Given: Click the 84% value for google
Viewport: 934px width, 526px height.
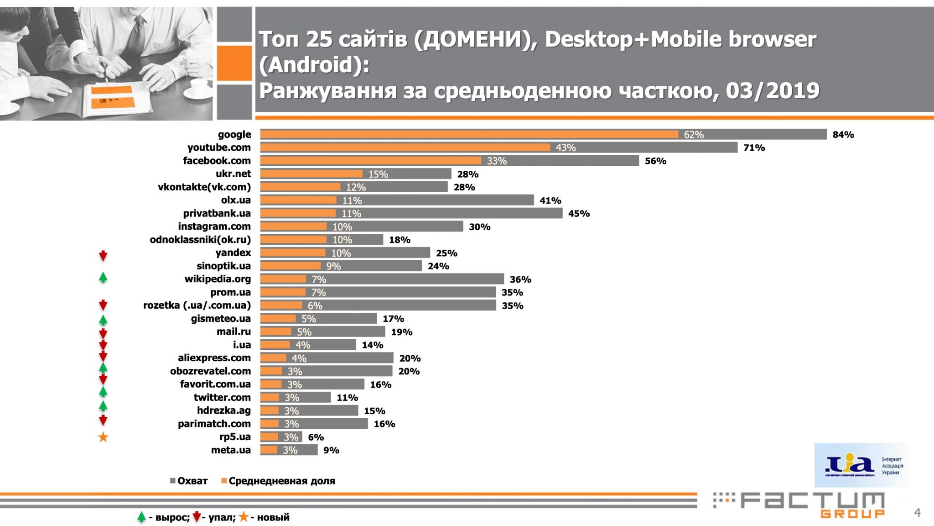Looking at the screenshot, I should tap(843, 135).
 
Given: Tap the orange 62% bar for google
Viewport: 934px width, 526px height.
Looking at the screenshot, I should tap(469, 134).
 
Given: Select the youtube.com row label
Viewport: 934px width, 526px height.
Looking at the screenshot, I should tap(219, 147).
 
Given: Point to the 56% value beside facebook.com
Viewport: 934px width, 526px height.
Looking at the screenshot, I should tap(655, 161).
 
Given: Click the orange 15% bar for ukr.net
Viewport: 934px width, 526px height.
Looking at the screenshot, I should tap(311, 174).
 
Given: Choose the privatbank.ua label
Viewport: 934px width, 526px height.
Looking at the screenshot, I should tap(217, 213).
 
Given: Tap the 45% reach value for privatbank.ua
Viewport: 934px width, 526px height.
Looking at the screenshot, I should tap(579, 213).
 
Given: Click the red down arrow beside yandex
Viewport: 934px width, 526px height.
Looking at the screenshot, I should tap(103, 256).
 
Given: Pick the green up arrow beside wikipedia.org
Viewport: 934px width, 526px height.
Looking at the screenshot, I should tap(103, 277).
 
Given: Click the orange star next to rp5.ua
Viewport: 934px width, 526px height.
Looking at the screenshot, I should tap(103, 437).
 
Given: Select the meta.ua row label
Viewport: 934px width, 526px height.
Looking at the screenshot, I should tap(231, 450).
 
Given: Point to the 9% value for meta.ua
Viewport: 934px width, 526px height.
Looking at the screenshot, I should tap(331, 450).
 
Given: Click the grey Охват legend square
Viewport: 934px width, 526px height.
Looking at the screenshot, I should tap(173, 481).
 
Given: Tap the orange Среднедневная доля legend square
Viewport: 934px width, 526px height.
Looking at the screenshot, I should tap(224, 481).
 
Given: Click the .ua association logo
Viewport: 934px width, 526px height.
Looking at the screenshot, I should tap(862, 465).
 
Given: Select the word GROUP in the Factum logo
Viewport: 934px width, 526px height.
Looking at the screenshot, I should tap(852, 514).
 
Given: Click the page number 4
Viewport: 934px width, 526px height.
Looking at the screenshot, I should tap(917, 512).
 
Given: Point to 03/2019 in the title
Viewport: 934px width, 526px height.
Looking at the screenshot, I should tap(773, 90).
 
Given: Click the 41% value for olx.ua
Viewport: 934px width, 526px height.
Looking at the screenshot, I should tap(550, 200).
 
